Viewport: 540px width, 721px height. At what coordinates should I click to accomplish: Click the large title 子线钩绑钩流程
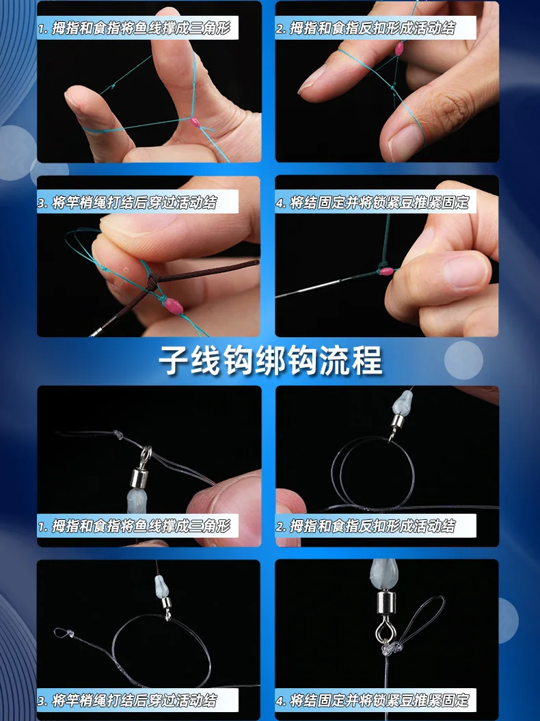point(270,360)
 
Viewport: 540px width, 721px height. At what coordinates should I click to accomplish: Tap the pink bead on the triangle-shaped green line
point(195,122)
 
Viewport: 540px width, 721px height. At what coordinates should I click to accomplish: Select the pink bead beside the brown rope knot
point(173,306)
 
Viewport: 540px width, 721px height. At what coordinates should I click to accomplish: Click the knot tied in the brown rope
point(152,280)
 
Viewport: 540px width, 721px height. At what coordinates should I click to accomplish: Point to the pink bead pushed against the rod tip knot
point(387,271)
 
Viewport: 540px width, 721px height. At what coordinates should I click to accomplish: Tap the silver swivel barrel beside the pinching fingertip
point(138,477)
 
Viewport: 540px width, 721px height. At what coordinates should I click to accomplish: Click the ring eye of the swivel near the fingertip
point(146,455)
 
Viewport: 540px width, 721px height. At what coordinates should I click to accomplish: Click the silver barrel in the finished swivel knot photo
point(386,603)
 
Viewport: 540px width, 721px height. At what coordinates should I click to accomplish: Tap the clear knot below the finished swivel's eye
point(390,648)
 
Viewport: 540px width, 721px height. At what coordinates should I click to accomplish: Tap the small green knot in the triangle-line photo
point(113,86)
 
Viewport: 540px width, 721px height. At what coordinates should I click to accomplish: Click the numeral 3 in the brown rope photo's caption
point(42,202)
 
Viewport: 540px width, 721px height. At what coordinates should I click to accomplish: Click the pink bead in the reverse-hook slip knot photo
point(399,48)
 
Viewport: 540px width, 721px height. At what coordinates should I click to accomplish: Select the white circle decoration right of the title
point(463,360)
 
